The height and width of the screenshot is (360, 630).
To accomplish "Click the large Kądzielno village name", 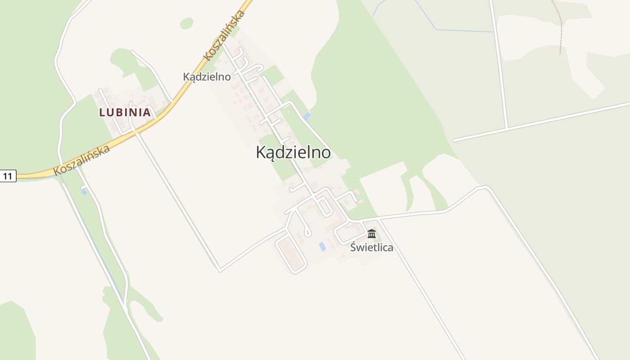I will [x=293, y=153].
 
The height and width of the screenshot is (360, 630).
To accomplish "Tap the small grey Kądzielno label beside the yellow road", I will [x=207, y=76].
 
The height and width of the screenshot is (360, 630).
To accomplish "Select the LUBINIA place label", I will [x=125, y=112].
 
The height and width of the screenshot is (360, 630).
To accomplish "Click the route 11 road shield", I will [x=8, y=176].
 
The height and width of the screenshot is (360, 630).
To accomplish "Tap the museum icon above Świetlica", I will [x=372, y=234].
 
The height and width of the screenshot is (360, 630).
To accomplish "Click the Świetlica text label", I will [x=372, y=247].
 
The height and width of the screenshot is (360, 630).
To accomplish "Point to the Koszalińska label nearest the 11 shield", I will [x=81, y=160].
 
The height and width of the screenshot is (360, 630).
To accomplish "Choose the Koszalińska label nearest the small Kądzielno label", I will [x=224, y=35].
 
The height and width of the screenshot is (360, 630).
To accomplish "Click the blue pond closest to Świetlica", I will [x=322, y=246].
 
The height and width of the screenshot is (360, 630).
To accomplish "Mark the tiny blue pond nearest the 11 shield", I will [x=84, y=192].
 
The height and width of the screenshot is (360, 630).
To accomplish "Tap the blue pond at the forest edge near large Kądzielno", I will [x=306, y=116].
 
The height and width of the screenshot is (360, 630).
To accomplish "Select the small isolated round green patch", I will [x=186, y=23].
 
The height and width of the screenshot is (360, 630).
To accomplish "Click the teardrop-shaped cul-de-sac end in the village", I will [x=307, y=233].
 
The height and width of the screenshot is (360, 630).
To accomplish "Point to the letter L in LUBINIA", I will [x=102, y=112].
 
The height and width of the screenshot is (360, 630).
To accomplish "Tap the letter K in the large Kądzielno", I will [x=261, y=153].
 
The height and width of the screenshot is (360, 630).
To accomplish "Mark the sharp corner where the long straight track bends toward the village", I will [x=220, y=271].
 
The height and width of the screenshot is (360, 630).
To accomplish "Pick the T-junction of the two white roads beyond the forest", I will [x=507, y=128].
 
